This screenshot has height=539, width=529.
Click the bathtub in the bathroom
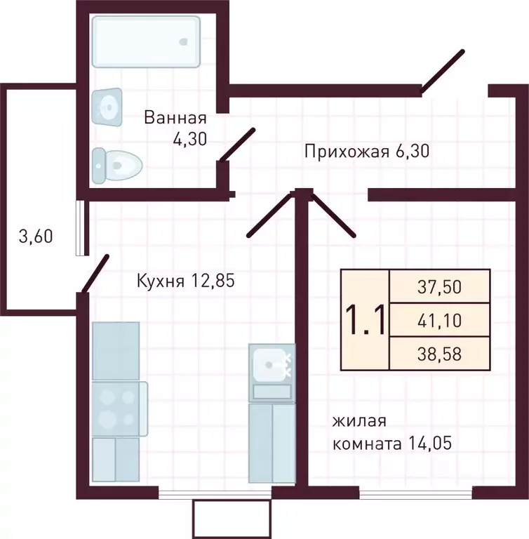point(146,41)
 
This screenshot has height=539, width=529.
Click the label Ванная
point(175,117)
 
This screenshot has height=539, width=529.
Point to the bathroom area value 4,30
point(189,138)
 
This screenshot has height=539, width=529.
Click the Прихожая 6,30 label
point(366,150)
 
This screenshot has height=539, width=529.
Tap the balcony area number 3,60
point(35,237)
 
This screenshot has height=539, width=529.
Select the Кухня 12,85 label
point(184,281)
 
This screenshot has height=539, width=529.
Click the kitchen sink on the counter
point(271,364)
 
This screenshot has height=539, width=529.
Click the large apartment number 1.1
point(364,321)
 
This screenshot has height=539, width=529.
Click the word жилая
point(359,421)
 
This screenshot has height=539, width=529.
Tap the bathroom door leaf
point(236,145)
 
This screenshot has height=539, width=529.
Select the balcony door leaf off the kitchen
point(95,273)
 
